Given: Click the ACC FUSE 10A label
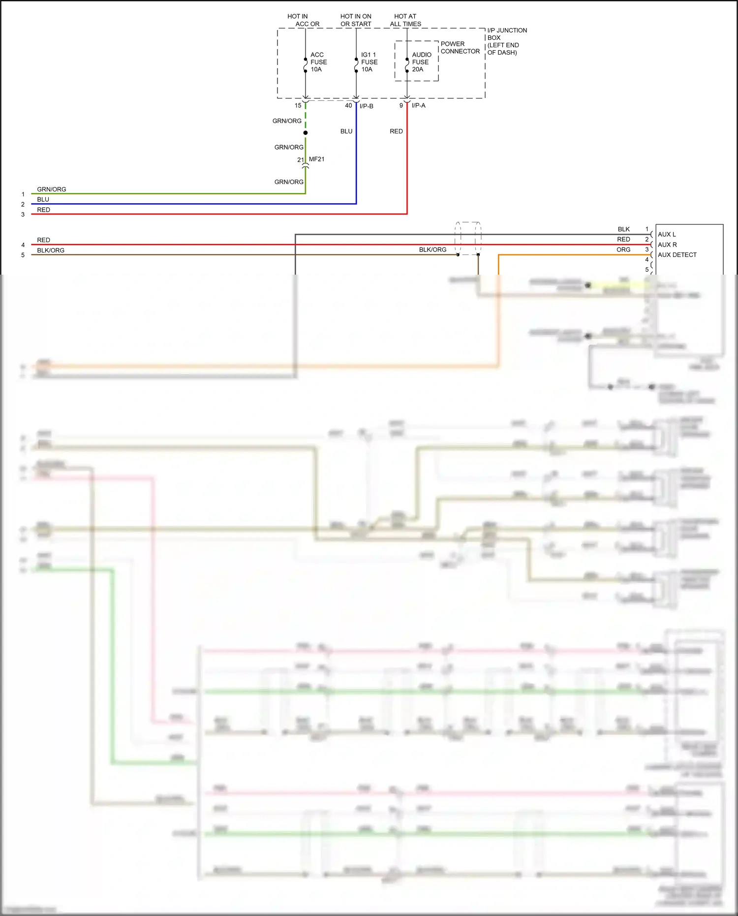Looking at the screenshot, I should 318,62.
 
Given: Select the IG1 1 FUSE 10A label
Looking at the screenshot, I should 369,62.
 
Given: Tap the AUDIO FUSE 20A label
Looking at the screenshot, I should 421,62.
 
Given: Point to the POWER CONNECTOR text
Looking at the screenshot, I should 460,48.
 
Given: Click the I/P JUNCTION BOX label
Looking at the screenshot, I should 506,41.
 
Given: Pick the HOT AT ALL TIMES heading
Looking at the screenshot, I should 405,20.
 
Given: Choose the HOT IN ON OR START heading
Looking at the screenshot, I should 356,20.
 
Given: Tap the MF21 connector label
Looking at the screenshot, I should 316,159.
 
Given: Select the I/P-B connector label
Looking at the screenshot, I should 367,106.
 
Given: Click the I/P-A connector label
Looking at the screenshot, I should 419,105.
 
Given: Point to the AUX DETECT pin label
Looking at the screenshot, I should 677,255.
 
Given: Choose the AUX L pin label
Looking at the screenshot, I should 667,234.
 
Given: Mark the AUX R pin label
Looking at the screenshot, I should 667,245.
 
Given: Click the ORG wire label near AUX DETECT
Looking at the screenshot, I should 623,250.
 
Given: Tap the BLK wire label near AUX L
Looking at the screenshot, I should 624,229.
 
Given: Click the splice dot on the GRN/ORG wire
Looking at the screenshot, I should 306,133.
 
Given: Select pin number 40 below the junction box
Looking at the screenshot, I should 348,105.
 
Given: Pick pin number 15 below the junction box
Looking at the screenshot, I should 298,105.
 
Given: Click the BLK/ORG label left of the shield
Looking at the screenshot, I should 432,250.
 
